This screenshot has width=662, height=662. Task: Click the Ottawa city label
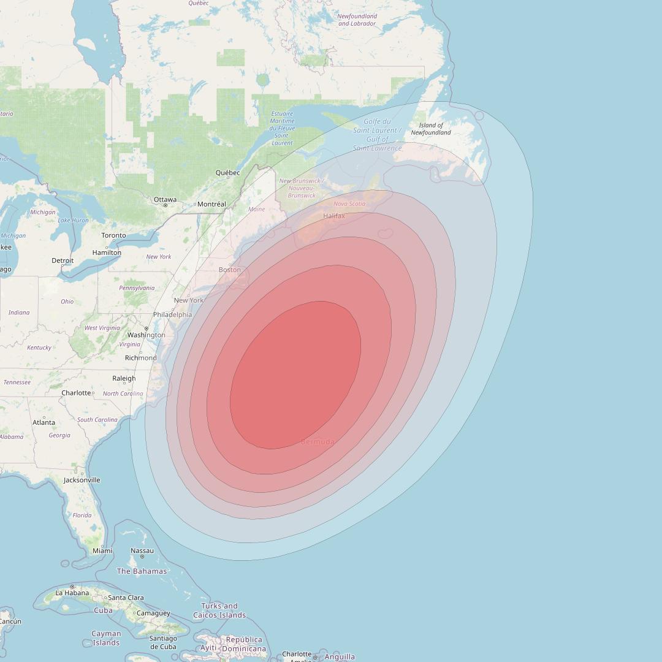(x=165, y=199)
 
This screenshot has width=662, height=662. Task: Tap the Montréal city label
(x=212, y=204)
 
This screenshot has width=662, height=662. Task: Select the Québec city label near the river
(x=227, y=173)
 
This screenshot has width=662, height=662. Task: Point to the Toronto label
(x=113, y=235)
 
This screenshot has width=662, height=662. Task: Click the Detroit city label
(x=63, y=261)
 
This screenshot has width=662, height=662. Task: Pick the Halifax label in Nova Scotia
(x=334, y=216)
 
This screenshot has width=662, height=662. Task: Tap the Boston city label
(x=230, y=270)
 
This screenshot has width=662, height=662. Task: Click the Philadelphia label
(x=172, y=314)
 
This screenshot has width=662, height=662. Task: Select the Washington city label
(x=146, y=335)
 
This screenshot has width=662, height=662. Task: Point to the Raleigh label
(x=124, y=379)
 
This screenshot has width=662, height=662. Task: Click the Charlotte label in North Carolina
(x=76, y=393)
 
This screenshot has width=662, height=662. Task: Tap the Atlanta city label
(x=44, y=422)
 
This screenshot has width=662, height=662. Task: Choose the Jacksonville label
(x=82, y=480)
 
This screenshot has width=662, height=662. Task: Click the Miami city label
(x=102, y=550)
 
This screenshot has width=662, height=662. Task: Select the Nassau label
(x=142, y=550)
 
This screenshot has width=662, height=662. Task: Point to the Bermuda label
(x=318, y=441)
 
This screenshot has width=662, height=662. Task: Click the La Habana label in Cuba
(x=72, y=593)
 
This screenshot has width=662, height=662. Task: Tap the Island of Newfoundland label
(x=431, y=129)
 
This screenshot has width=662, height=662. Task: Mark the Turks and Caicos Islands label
(x=219, y=611)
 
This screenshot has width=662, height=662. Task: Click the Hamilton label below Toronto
(x=107, y=253)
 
